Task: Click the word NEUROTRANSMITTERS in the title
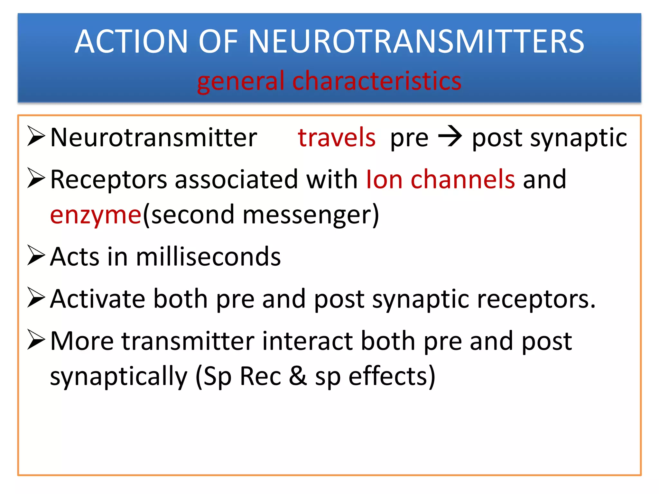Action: pyautogui.click(x=416, y=41)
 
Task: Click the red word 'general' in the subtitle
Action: pyautogui.click(x=241, y=81)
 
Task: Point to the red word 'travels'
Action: pyautogui.click(x=337, y=138)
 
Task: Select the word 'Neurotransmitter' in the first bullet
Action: pyautogui.click(x=154, y=138)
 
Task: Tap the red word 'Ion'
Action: pyautogui.click(x=385, y=179)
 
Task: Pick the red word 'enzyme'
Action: pyautogui.click(x=96, y=215)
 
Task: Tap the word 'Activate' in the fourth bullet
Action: pyautogui.click(x=97, y=299)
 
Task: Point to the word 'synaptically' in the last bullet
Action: pyautogui.click(x=119, y=376)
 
